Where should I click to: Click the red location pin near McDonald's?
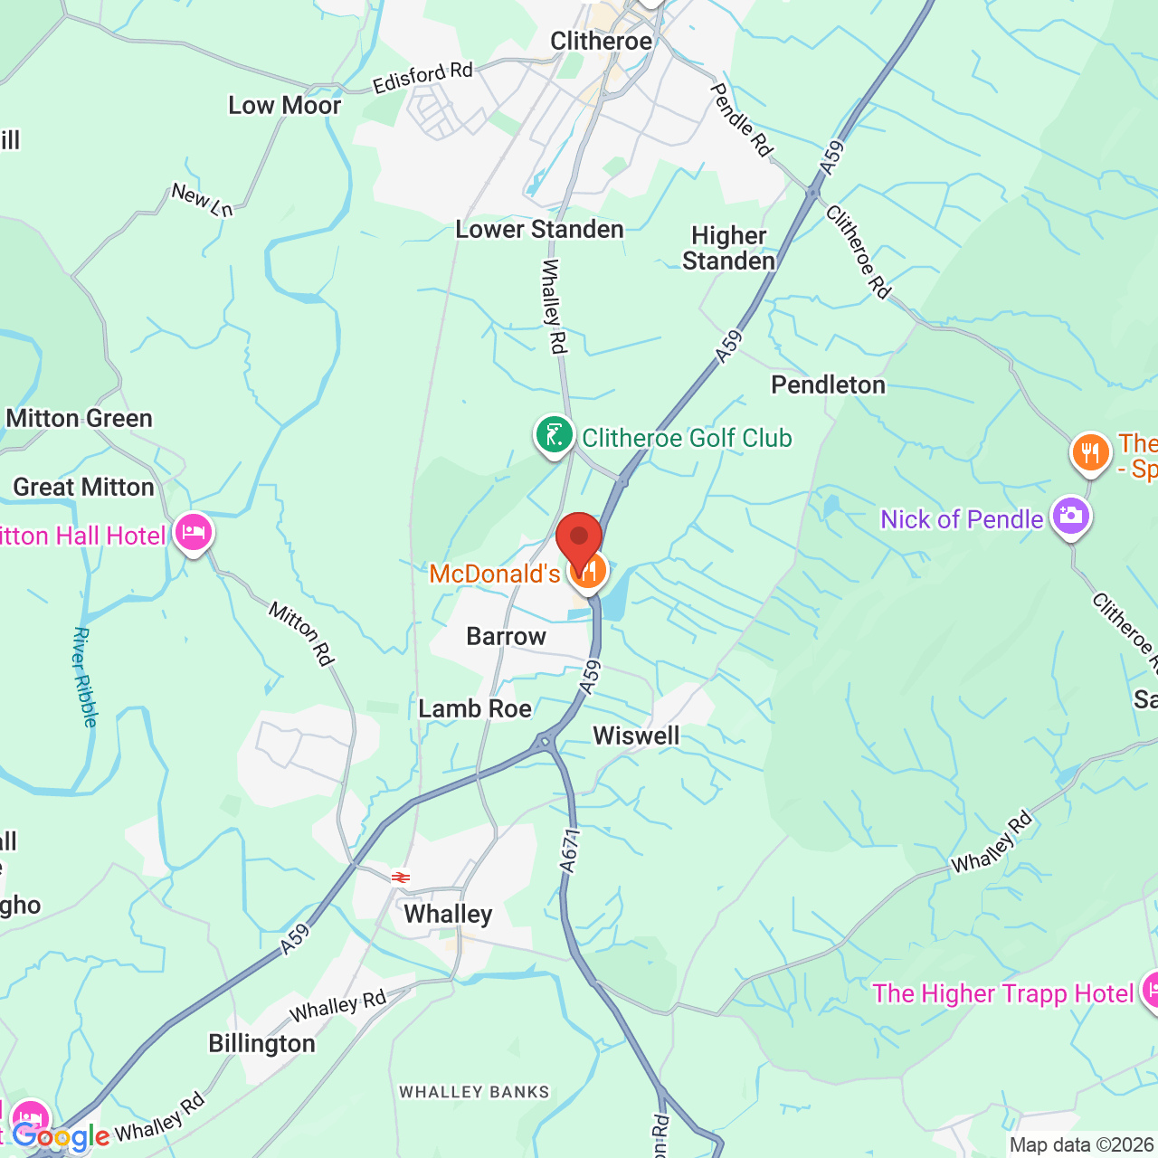(x=579, y=539)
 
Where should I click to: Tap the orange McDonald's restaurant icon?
(x=589, y=571)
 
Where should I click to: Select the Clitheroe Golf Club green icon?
(x=554, y=435)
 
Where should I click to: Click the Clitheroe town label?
(x=601, y=42)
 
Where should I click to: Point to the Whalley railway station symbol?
(x=401, y=877)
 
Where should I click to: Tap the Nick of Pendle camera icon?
(x=1071, y=517)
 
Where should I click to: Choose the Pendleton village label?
(x=828, y=385)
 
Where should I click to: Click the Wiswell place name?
(x=636, y=736)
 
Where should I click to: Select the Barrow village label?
(x=506, y=637)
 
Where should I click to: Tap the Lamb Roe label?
(x=475, y=708)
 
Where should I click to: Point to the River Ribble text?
(x=84, y=677)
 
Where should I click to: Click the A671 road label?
(x=569, y=851)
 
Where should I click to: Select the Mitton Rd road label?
(x=301, y=634)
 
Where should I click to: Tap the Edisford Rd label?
(x=422, y=78)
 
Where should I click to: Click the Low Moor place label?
(x=284, y=106)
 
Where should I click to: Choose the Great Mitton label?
(x=83, y=488)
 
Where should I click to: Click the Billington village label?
(x=261, y=1044)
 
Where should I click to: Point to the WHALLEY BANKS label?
(x=474, y=1092)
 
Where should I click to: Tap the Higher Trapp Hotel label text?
(x=1002, y=993)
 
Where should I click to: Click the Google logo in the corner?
(x=60, y=1136)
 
